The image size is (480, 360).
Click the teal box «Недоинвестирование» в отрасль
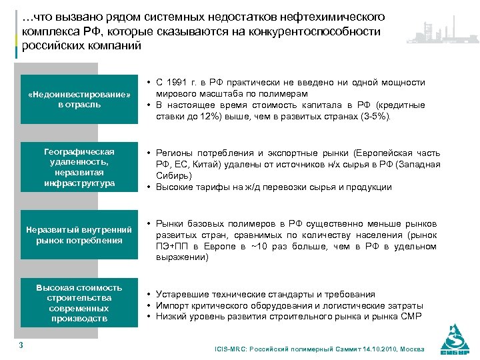79,99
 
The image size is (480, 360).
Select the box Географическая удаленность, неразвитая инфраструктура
79,167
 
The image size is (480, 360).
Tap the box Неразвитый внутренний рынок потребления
79,235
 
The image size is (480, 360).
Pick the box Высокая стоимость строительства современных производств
79,303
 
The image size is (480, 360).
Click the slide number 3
21,345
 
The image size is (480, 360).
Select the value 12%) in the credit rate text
207,116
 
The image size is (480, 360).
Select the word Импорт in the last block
172,305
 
